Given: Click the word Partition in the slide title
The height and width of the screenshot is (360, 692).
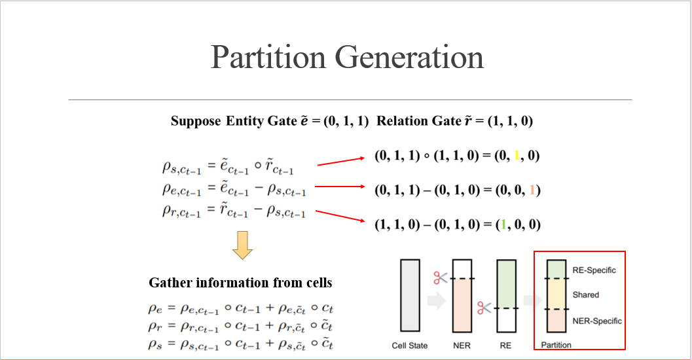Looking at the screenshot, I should tap(268, 58).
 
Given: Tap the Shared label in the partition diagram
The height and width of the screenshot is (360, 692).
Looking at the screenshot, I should tap(585, 295).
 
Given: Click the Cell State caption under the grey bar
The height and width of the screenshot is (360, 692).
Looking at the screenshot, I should tap(410, 345).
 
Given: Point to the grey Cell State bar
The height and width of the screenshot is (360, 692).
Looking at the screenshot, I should tap(410, 295).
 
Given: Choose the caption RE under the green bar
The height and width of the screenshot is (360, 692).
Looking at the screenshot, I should tap(505, 345).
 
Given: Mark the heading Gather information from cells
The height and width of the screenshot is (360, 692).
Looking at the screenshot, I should tap(240, 283).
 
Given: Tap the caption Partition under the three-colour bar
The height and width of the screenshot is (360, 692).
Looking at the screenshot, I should tap(556, 345).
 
